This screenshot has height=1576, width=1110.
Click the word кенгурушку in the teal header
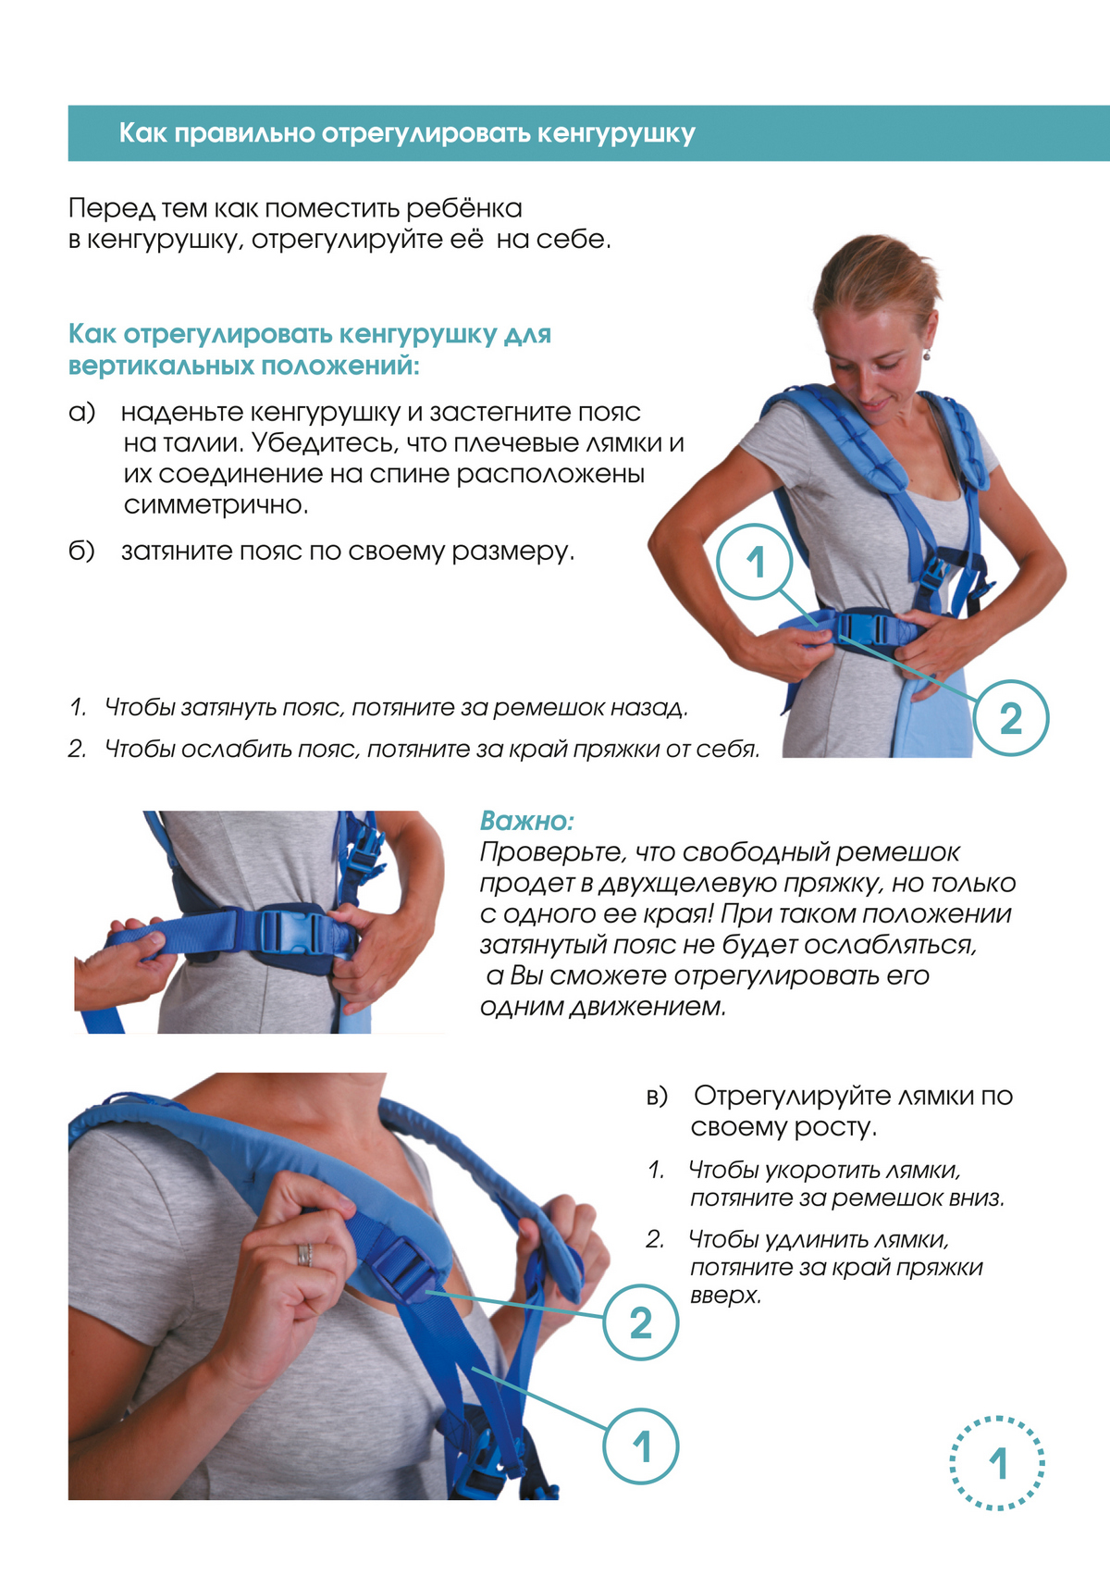coord(616,133)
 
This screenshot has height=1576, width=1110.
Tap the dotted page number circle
coord(997,1463)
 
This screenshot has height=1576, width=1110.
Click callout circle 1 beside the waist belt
coord(755,562)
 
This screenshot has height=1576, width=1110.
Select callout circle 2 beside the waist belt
coord(1011,718)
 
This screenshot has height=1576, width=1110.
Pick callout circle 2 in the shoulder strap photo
coord(641,1322)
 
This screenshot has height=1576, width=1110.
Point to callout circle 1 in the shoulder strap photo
coord(641,1446)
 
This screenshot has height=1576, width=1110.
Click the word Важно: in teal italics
coord(527,821)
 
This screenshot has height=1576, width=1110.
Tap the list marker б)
coord(81,551)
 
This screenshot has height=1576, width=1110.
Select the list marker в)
coord(657,1096)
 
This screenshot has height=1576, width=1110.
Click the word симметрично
coord(216,504)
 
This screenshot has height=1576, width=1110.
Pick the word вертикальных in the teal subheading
coord(160,366)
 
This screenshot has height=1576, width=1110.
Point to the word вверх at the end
coord(726,1296)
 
